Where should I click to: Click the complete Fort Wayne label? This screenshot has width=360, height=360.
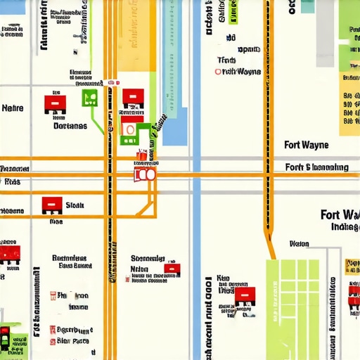click(306, 146)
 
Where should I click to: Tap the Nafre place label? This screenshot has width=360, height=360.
click(13, 108)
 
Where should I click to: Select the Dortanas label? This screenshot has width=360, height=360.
click(70, 127)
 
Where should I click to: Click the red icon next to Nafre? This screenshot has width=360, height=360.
click(55, 104)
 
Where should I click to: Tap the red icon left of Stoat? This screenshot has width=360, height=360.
click(52, 205)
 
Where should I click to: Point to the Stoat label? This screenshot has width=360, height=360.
click(75, 205)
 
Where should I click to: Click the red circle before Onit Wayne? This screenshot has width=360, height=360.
click(218, 72)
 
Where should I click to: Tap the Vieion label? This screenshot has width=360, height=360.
click(300, 244)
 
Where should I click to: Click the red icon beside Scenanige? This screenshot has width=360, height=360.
click(172, 268)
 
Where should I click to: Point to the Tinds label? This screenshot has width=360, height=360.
click(226, 60)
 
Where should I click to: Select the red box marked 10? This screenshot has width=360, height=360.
click(144, 174)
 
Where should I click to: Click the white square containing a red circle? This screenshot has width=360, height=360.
click(128, 128)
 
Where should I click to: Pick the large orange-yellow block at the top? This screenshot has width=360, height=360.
click(136, 35)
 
